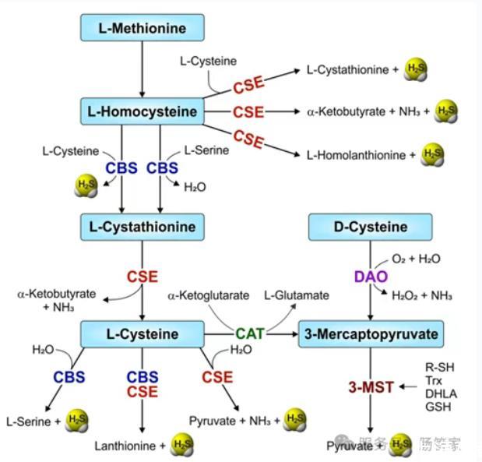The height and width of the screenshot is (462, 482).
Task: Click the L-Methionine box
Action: tap(142, 29)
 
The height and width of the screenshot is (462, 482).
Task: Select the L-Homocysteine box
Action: tap(142, 111)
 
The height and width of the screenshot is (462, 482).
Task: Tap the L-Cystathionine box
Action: tap(142, 227)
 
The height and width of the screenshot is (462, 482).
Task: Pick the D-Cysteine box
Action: tap(370, 227)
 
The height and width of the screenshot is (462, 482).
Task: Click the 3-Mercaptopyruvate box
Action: tap(370, 334)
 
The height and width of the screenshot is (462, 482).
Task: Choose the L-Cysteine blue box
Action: tap(142, 334)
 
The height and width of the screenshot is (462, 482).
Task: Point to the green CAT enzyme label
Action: tap(250, 334)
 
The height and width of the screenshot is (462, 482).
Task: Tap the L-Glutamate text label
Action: tap(297, 296)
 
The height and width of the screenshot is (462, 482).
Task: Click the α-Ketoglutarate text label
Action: tap(208, 296)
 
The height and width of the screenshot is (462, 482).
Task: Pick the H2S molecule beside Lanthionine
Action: tap(181, 446)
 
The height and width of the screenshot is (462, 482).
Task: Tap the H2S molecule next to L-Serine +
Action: tap(77, 421)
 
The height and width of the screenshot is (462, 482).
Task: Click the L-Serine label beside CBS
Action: tap(206, 150)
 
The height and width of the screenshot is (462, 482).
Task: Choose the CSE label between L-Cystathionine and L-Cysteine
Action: tap(142, 276)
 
